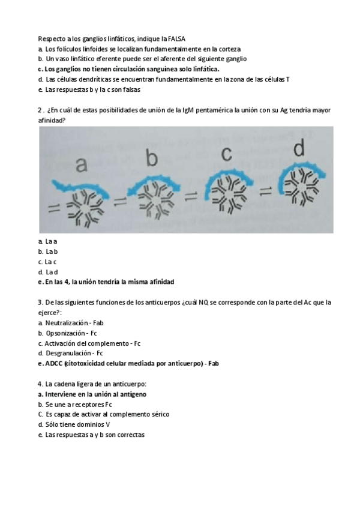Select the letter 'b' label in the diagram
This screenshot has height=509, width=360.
[151, 158]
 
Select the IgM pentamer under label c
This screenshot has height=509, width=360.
[226, 191]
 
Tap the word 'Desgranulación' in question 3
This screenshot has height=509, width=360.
[68, 353]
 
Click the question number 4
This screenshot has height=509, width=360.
[39, 384]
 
